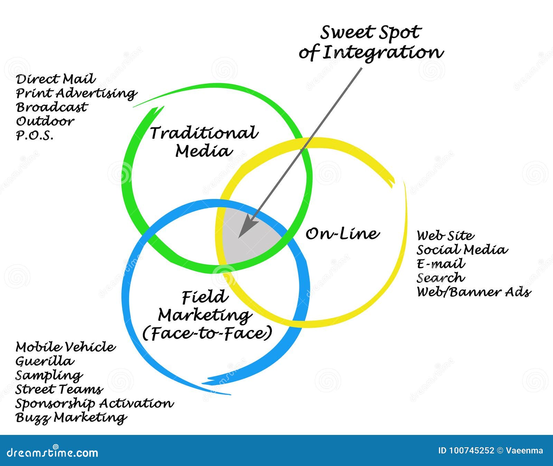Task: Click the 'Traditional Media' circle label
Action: (204, 142)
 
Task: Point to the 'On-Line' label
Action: (342, 234)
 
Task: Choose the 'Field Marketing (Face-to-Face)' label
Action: (207, 315)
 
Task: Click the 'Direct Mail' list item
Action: (55, 79)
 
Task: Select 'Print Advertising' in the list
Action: (76, 94)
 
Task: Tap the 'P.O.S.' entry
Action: (35, 135)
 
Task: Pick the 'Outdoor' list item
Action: (45, 121)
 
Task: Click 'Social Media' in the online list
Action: (462, 250)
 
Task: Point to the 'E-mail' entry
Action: (441, 264)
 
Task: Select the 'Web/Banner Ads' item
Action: (474, 292)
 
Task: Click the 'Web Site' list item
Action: (445, 236)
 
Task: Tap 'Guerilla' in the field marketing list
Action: (45, 361)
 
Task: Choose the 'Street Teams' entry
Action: (59, 389)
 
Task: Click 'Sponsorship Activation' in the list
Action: (94, 403)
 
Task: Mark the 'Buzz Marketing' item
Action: (71, 418)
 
